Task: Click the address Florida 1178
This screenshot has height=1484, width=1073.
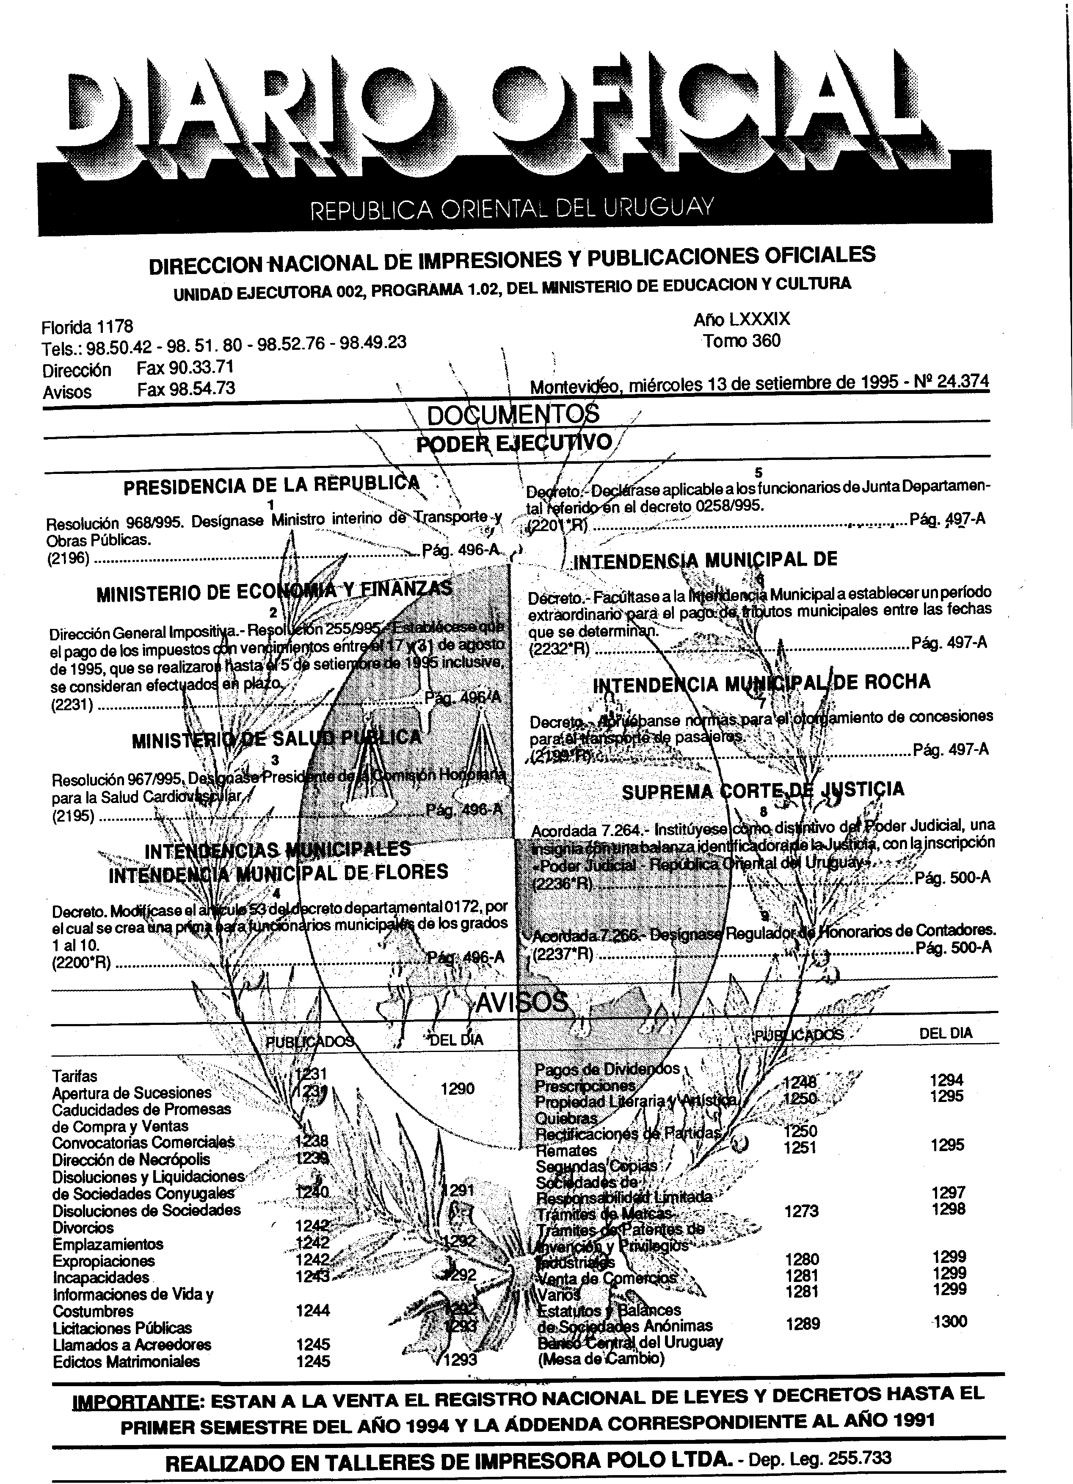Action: click(x=87, y=326)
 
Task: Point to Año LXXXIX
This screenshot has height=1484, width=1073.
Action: click(x=742, y=319)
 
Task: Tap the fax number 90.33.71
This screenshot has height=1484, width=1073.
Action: click(x=185, y=368)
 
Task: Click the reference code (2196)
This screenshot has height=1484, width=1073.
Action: click(x=68, y=559)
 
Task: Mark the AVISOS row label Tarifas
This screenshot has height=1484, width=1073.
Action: click(x=74, y=1076)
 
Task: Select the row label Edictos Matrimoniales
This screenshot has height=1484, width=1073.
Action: click(x=126, y=1362)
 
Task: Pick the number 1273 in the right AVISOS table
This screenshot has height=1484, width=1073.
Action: click(x=801, y=1211)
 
